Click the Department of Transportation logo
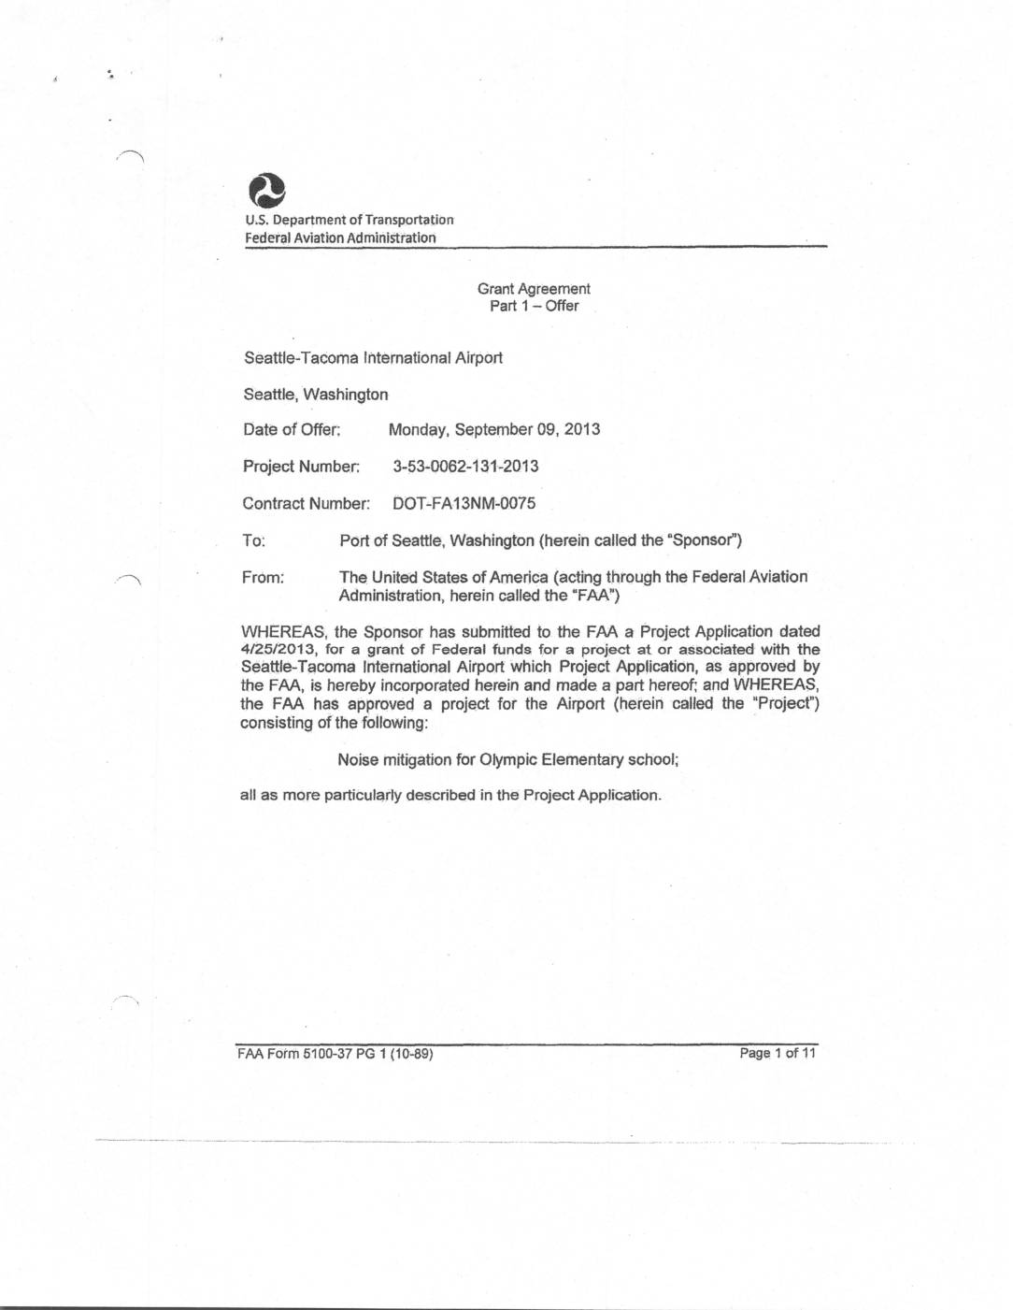click(x=266, y=191)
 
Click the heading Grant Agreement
click(x=534, y=289)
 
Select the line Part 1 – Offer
click(x=534, y=306)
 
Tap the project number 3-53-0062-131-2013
click(x=465, y=466)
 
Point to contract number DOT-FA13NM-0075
click(x=464, y=503)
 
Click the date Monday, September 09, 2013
click(x=493, y=429)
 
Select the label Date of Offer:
click(x=292, y=429)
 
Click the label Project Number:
click(x=301, y=466)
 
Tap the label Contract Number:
click(x=306, y=503)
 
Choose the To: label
click(x=253, y=540)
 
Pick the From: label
click(x=263, y=577)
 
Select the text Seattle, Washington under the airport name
click(x=316, y=394)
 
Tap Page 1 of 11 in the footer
click(x=778, y=1053)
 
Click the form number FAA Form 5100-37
click(x=308, y=1054)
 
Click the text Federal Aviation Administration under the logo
click(x=340, y=238)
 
